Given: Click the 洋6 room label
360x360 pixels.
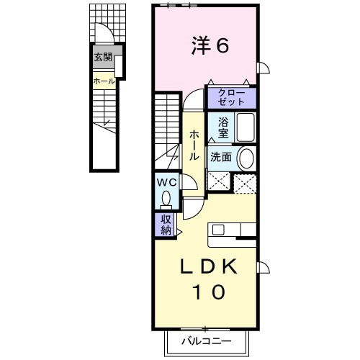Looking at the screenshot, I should click(x=210, y=45).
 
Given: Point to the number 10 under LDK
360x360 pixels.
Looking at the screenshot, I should click(x=207, y=292).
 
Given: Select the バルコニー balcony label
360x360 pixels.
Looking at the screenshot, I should click(x=209, y=340).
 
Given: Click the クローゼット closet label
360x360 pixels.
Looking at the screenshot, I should click(x=231, y=97).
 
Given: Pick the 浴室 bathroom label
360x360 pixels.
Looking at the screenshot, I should click(x=222, y=128).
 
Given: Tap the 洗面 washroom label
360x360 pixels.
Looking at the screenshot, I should click(x=220, y=156).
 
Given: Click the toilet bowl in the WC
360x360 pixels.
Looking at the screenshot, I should click(x=168, y=197).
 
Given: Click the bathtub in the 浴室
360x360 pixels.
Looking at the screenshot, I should click(x=246, y=128).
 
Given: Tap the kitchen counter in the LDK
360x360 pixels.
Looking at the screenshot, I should click(x=232, y=230).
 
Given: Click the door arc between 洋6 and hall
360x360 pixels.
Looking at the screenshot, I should click(x=194, y=101).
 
